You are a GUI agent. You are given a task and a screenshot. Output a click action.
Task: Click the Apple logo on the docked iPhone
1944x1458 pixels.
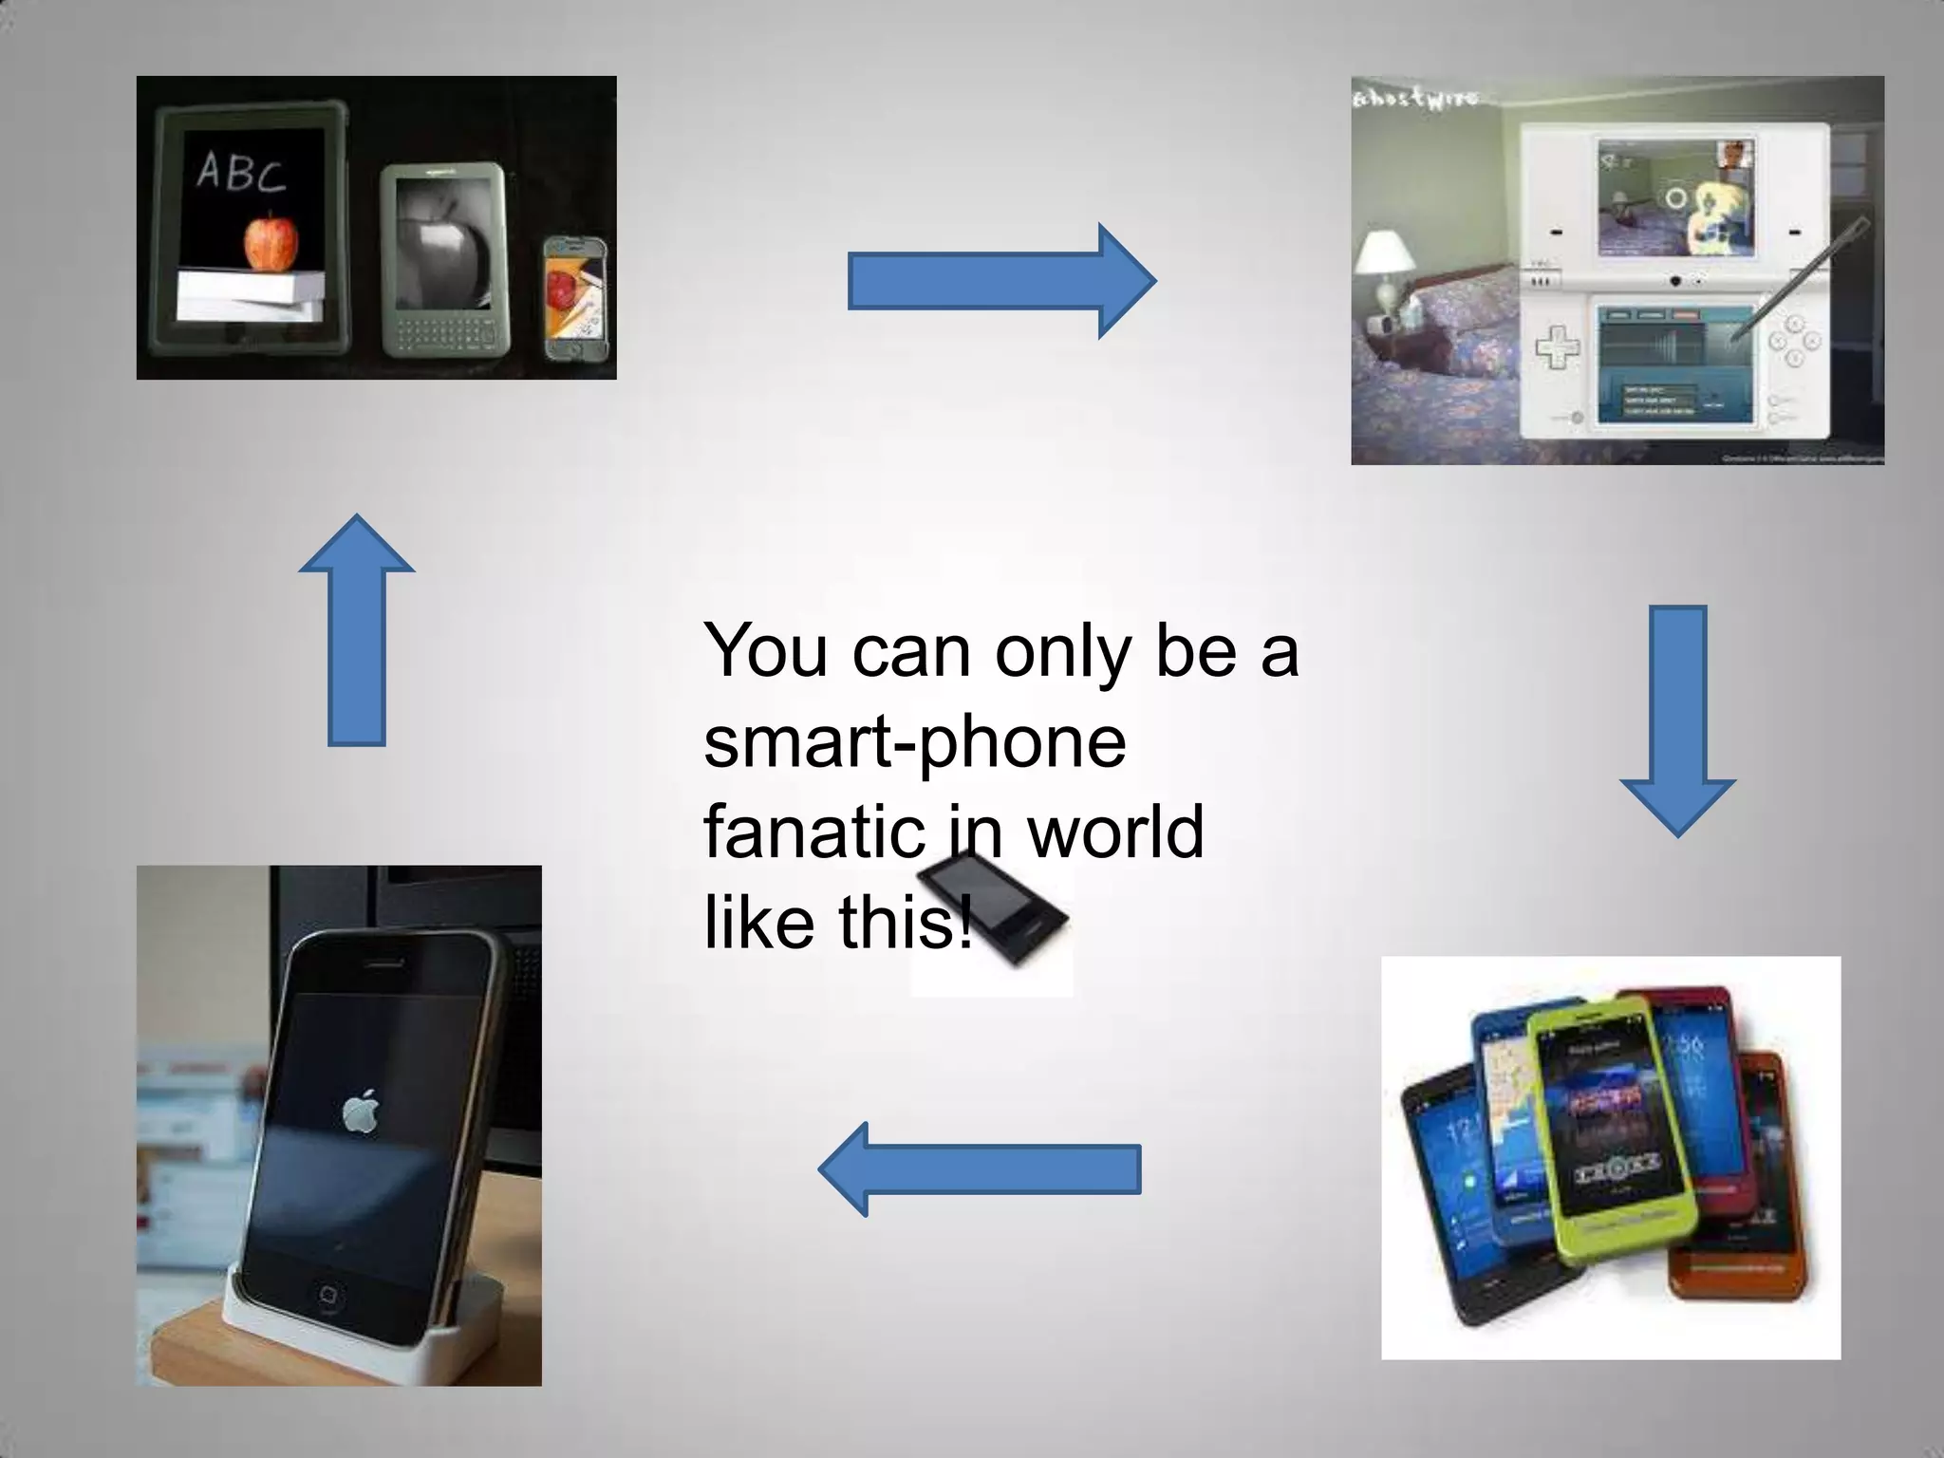(358, 1111)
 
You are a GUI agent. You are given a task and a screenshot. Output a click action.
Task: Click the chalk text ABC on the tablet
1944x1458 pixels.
(241, 172)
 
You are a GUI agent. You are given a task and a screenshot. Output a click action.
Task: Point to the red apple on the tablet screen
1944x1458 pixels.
(266, 242)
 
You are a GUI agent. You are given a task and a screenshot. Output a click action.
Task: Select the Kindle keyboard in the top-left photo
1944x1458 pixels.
(444, 332)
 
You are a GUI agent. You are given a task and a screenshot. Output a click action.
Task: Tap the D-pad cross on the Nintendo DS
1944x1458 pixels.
(1558, 346)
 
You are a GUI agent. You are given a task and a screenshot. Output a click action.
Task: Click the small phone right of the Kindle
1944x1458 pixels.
(574, 299)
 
